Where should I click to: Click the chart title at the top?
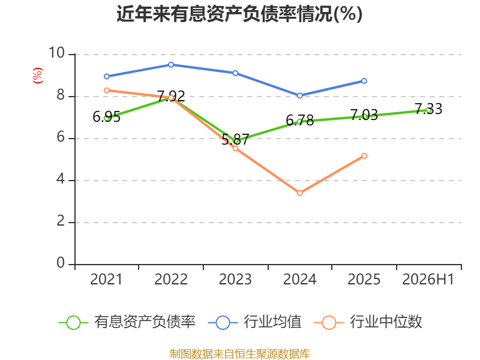[x=239, y=14]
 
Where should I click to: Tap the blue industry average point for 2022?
[x=171, y=65]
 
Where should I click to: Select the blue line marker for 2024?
[x=299, y=95]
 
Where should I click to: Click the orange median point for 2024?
[x=299, y=193]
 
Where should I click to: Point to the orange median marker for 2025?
[x=364, y=156]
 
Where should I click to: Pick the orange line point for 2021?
[x=107, y=91]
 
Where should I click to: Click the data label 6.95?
[x=107, y=116]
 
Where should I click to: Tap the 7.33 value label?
[x=428, y=109]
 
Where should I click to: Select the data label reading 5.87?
[x=235, y=140]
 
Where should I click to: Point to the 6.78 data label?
[x=299, y=121]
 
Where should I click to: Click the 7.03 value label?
[x=364, y=115]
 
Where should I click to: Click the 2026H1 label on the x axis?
[x=428, y=279]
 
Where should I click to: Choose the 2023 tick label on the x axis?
[x=235, y=279]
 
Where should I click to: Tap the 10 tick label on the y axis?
[x=56, y=53]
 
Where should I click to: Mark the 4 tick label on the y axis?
[x=61, y=179]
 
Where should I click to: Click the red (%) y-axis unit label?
[x=38, y=76]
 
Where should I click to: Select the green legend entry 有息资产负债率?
[x=127, y=322]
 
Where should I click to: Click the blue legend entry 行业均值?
[x=254, y=322]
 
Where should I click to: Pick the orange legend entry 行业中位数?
[x=368, y=322]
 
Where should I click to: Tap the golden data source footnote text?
[x=240, y=354]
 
